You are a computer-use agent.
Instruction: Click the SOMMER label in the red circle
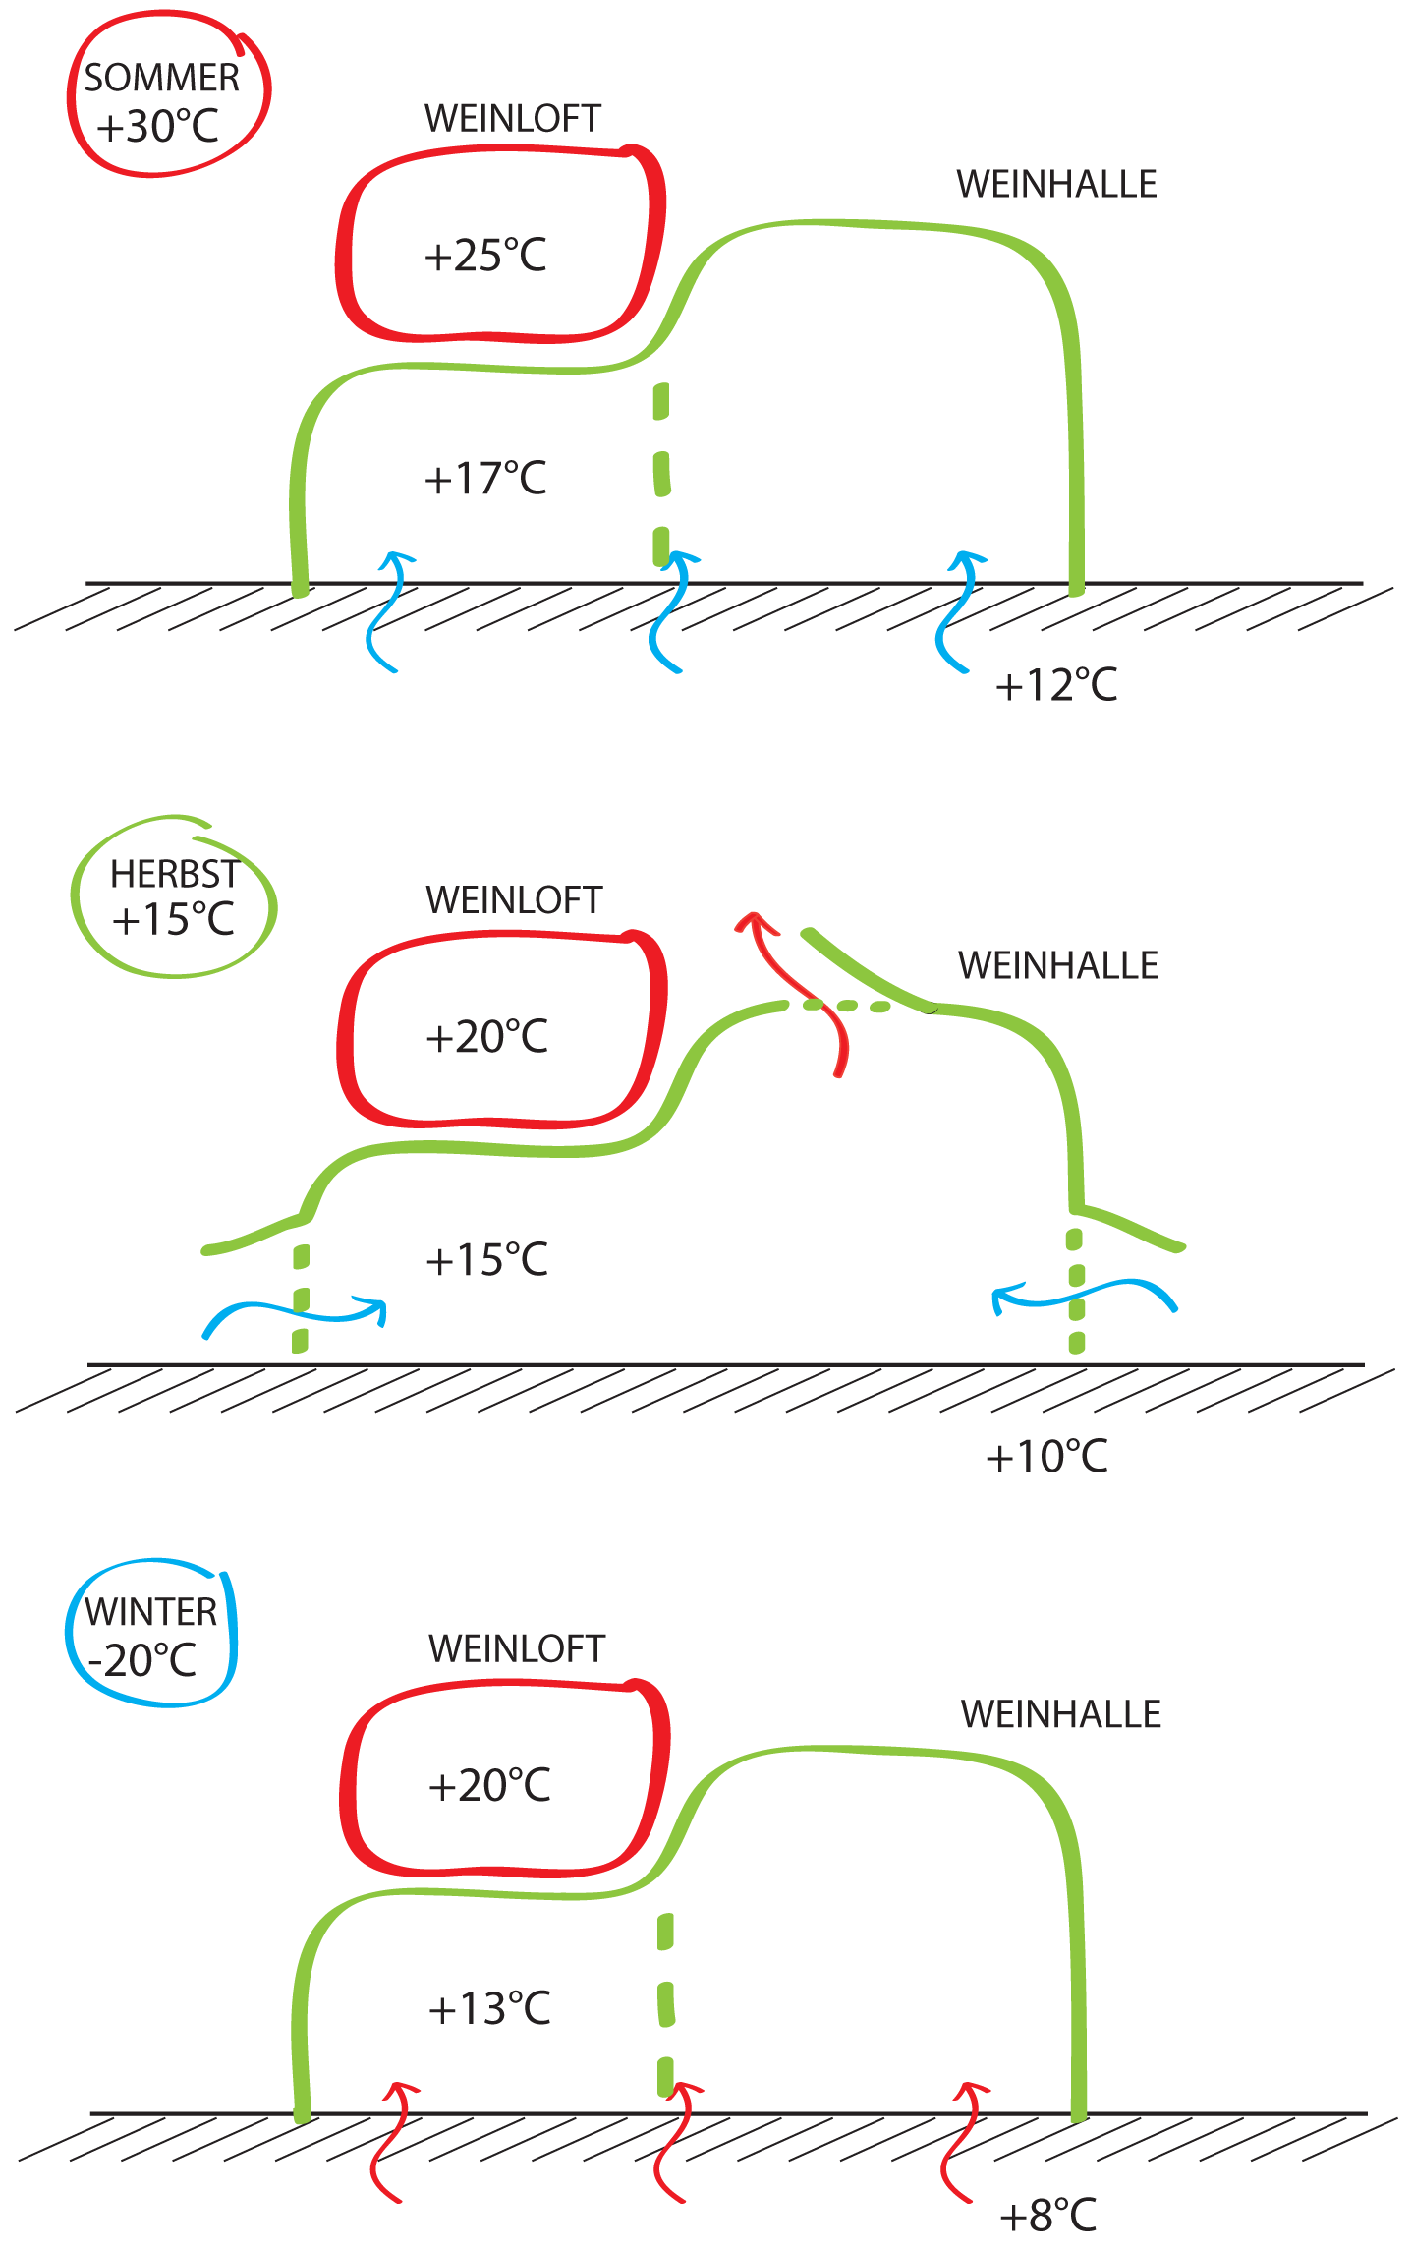(161, 78)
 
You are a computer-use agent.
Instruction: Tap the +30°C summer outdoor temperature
(158, 127)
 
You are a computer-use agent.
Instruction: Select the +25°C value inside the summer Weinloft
(485, 256)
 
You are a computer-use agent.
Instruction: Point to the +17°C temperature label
(485, 479)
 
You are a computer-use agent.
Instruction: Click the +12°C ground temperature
(1056, 685)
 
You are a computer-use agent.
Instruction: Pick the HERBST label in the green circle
(174, 873)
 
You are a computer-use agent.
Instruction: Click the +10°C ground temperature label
(1046, 1457)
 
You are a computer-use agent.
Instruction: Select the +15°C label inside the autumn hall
(486, 1260)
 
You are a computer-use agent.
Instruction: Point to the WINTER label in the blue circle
(150, 1612)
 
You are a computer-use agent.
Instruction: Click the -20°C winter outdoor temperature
(142, 1661)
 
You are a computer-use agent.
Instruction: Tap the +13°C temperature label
(489, 2009)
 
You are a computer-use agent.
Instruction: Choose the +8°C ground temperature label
(1047, 2216)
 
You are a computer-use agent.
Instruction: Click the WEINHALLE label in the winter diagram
(1061, 1714)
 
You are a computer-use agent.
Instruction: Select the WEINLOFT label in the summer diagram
(512, 119)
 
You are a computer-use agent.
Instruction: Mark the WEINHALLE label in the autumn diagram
(1058, 965)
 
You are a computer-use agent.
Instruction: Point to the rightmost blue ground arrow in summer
(958, 609)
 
